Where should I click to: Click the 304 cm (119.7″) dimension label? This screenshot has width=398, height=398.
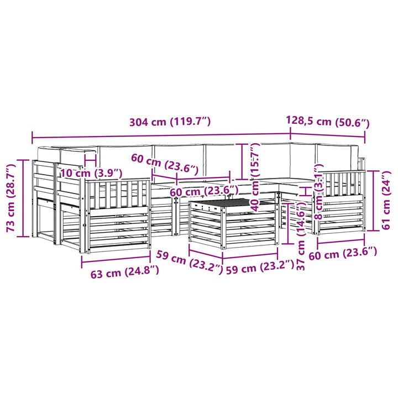pos(170,122)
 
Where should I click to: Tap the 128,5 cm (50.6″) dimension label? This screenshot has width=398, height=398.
pos(328,122)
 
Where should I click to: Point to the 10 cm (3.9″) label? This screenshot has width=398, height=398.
pos(91,174)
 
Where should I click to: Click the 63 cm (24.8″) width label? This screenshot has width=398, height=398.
pos(125,271)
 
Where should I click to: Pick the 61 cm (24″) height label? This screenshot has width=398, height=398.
pos(386,200)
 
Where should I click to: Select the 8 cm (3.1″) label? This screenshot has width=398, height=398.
pos(318,192)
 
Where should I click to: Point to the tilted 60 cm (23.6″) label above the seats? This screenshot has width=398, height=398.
pos(165,164)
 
